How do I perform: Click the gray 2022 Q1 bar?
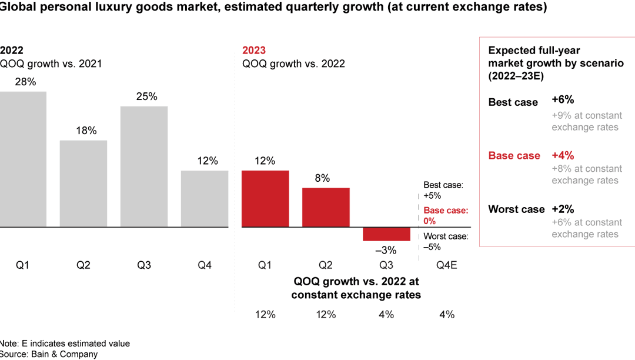tap(22, 159)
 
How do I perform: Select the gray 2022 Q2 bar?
tap(83, 184)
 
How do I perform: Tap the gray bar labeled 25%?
tap(144, 166)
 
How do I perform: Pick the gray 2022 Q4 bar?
tap(205, 199)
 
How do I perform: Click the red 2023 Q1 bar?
tap(265, 199)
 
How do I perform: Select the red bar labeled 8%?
tap(326, 207)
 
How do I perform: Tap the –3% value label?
tap(386, 250)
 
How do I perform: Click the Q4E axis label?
tap(447, 265)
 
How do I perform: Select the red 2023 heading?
tap(254, 50)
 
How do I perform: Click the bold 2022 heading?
tap(12, 50)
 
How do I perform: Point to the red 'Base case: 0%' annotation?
tap(446, 216)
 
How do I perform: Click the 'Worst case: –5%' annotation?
tap(446, 242)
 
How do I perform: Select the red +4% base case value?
tap(563, 155)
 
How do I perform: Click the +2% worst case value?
tap(563, 209)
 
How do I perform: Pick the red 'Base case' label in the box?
tap(514, 156)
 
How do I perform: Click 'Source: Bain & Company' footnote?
tap(49, 354)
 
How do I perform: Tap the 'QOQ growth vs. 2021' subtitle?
tap(51, 64)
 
